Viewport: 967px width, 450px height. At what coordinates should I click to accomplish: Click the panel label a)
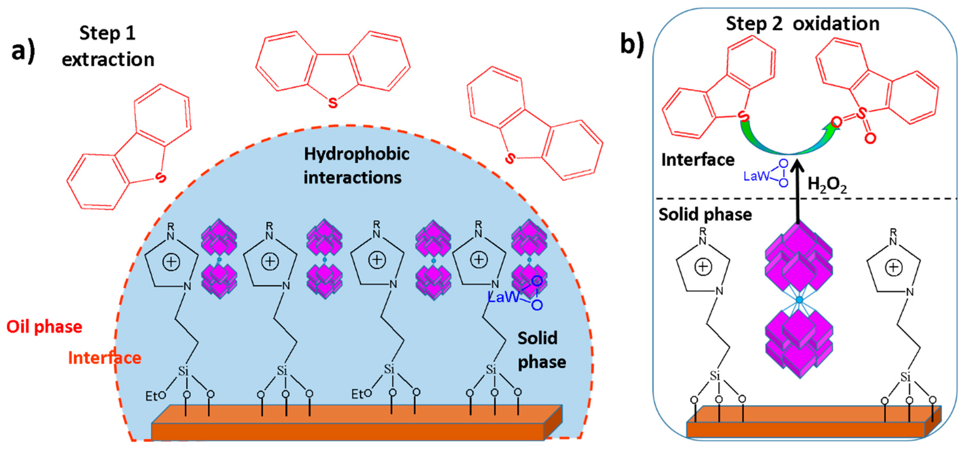point(23,52)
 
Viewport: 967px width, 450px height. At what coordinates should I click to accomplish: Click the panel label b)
point(632,44)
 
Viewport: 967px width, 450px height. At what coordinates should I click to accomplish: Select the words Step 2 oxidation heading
point(802,24)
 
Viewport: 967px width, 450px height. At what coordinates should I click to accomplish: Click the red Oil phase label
point(44,327)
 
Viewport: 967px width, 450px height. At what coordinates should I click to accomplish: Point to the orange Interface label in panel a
point(104,358)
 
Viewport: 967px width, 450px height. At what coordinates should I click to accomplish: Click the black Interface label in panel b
point(697,160)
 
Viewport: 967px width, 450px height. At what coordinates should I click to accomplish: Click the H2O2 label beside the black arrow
point(827,185)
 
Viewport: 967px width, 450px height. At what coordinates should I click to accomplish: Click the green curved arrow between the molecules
point(788,145)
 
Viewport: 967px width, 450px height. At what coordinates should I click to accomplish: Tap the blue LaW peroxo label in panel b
point(765,175)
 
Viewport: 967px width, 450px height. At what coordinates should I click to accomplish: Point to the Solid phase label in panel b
point(705,215)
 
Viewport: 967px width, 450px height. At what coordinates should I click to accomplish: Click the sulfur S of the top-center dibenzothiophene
point(333,103)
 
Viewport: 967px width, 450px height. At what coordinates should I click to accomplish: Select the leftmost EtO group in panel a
point(155,396)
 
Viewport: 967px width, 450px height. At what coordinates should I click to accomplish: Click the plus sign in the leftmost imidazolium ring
point(171,262)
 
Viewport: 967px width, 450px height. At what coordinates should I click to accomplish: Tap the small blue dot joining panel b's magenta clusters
point(799,300)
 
